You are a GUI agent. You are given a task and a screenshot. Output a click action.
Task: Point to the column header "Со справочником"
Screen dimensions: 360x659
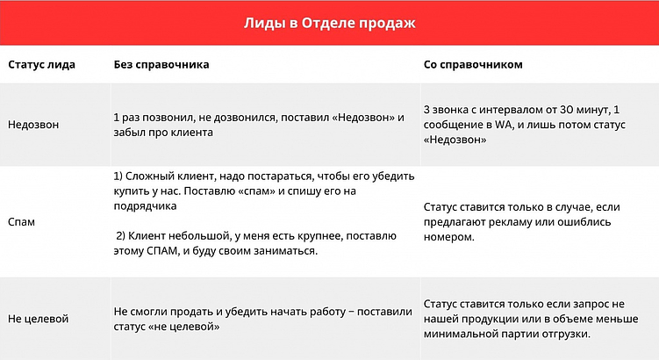473,65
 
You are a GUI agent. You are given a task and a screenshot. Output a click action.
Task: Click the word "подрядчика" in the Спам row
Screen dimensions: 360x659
144,206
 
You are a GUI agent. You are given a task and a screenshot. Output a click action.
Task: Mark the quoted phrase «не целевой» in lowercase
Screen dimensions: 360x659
186,327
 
